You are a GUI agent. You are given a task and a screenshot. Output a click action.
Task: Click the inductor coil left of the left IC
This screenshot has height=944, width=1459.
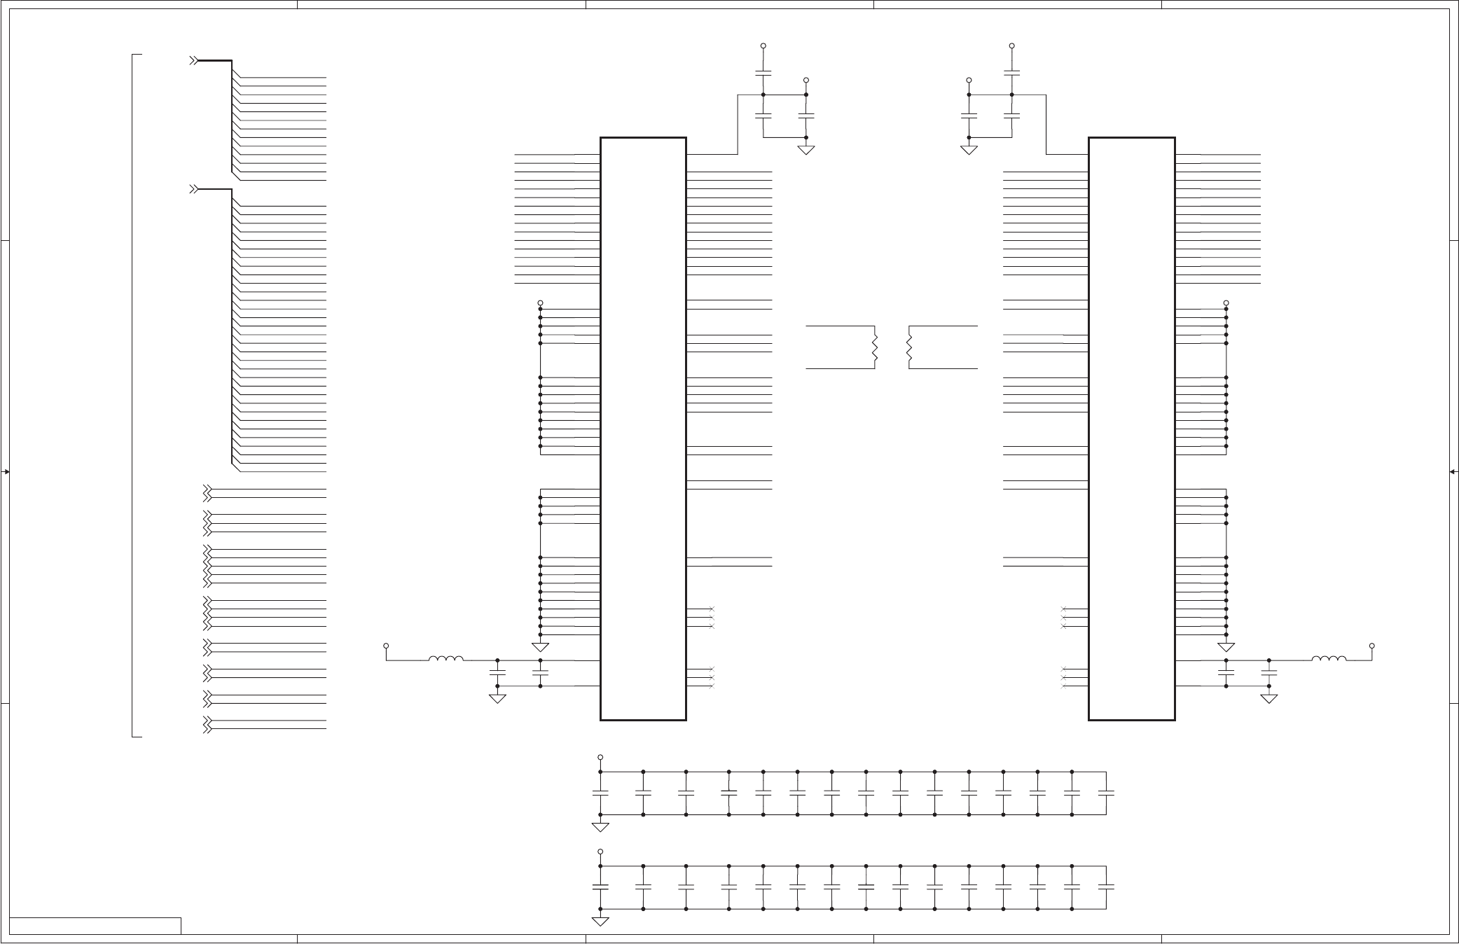[x=445, y=658]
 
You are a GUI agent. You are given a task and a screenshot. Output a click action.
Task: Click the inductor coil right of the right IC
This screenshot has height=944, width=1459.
[x=1328, y=658]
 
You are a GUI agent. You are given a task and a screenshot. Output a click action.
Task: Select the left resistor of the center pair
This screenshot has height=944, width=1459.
[x=875, y=347]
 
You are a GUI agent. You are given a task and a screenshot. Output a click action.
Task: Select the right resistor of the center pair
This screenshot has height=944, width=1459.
[x=909, y=347]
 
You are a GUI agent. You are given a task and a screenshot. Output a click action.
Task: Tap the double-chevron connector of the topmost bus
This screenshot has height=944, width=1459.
[x=195, y=62]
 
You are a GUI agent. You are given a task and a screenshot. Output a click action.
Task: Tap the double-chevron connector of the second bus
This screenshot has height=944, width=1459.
[x=195, y=190]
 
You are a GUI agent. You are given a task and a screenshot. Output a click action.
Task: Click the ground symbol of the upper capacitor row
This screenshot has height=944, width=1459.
[x=600, y=827]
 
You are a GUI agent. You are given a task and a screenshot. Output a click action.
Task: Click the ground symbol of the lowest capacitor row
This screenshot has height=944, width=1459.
[x=600, y=922]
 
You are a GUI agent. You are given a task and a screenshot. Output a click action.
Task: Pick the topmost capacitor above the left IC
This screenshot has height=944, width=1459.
[x=763, y=72]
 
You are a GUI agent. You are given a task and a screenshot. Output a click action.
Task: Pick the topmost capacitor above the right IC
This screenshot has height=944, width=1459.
[x=1011, y=72]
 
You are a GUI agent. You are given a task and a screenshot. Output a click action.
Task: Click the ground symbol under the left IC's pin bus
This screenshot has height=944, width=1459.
[x=541, y=647]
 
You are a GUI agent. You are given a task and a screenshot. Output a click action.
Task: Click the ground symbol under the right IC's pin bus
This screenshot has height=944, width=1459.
[x=1226, y=647]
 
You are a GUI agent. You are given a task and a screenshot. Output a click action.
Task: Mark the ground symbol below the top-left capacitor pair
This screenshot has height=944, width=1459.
[x=806, y=150]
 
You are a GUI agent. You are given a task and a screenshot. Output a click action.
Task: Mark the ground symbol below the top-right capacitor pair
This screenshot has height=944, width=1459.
[x=969, y=150]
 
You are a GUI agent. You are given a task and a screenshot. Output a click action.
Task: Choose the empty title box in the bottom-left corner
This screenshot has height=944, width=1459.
[x=95, y=926]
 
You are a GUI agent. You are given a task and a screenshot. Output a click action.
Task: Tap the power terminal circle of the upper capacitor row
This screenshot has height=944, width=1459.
[x=600, y=758]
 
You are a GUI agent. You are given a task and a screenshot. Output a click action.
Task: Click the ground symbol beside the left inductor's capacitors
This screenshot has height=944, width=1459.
[x=497, y=698]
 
